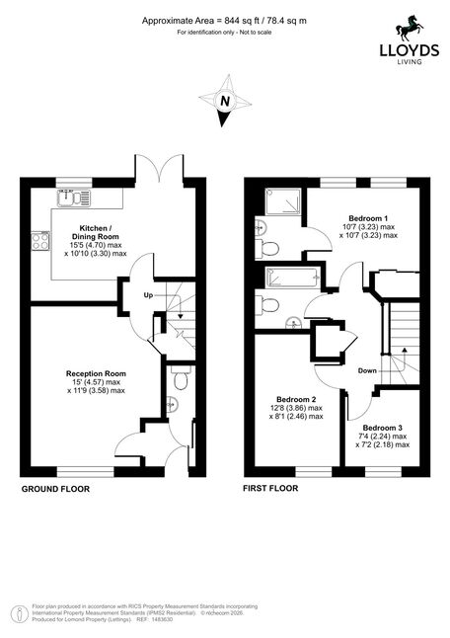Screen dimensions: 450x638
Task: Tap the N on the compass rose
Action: [224, 101]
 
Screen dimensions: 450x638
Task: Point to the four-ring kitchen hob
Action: [40, 240]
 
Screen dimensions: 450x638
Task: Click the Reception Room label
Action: [96, 373]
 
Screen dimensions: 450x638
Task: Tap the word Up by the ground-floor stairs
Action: [148, 295]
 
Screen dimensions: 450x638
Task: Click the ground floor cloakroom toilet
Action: [180, 378]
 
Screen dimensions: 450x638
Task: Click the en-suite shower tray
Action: [283, 201]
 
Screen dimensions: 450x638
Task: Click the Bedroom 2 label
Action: [296, 400]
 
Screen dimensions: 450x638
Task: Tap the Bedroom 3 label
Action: [383, 428]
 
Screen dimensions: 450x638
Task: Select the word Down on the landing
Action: [367, 370]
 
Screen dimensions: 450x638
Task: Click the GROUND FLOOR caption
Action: [55, 489]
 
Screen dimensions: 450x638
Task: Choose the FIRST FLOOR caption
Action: [270, 488]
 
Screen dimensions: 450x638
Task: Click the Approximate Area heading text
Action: [224, 21]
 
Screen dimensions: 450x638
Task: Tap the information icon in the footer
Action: [17, 614]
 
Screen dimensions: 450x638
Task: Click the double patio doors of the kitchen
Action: [159, 168]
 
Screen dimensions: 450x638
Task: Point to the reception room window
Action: [86, 471]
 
